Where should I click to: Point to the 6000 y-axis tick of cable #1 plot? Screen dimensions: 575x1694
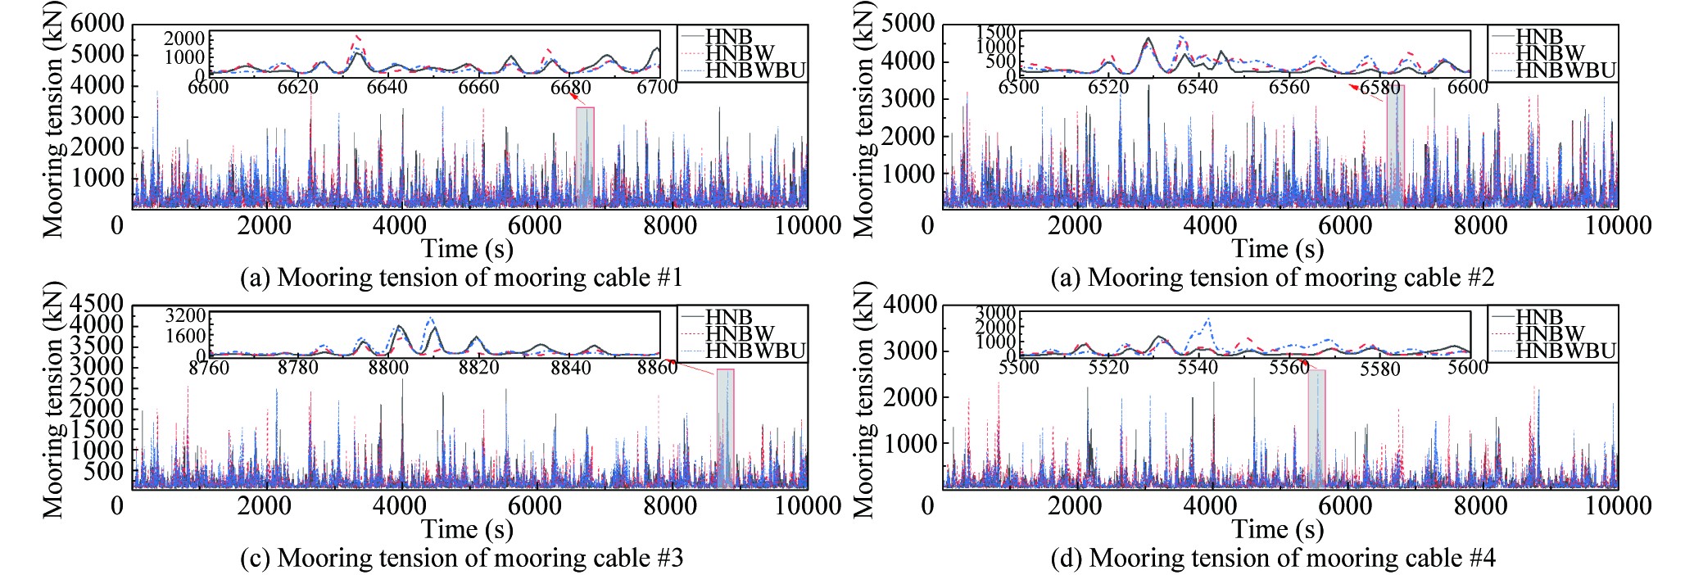pyautogui.click(x=97, y=23)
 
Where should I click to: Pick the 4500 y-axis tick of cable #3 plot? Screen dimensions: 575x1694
pyautogui.click(x=97, y=304)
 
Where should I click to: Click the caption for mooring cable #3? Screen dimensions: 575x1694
pyautogui.click(x=461, y=558)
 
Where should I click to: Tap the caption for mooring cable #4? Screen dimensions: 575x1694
pyautogui.click(x=1273, y=558)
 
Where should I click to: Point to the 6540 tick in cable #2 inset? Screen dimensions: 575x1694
pyautogui.click(x=1198, y=88)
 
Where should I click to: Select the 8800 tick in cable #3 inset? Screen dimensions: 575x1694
pyautogui.click(x=387, y=368)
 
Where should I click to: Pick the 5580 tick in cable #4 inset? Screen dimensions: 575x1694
pyautogui.click(x=1379, y=369)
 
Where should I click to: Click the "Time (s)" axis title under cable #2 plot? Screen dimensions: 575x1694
pyautogui.click(x=1278, y=248)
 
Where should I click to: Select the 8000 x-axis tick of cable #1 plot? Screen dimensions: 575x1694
pyautogui.click(x=670, y=225)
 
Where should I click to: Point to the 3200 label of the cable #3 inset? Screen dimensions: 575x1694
pyautogui.click(x=185, y=316)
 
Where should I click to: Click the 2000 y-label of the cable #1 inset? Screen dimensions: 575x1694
pyautogui.click(x=184, y=38)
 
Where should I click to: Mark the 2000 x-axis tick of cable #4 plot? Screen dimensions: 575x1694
pyautogui.click(x=1075, y=505)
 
